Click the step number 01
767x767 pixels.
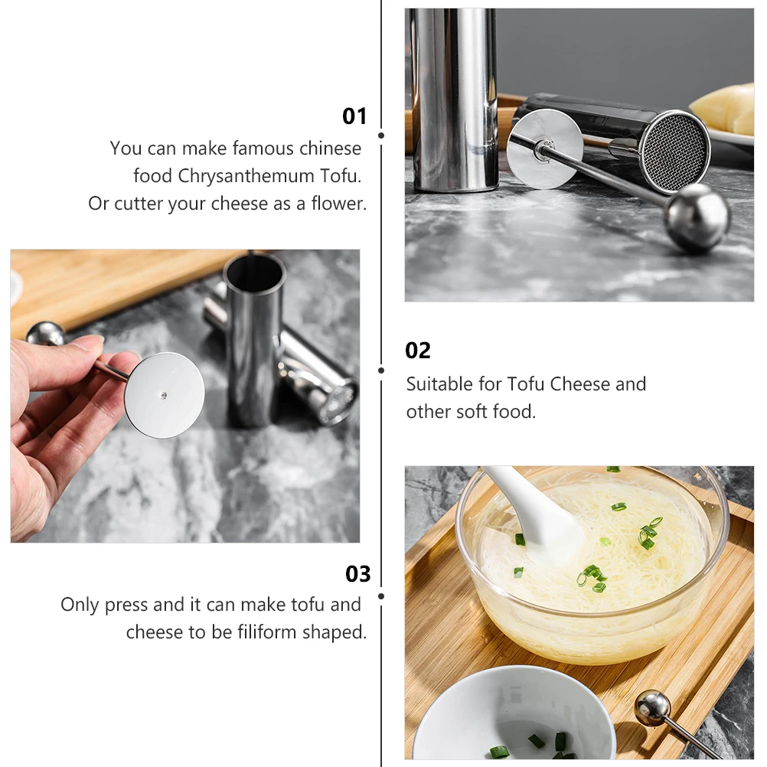[x=354, y=116]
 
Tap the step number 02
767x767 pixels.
[x=418, y=351]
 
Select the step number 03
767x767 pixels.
[x=357, y=574]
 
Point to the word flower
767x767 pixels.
[x=338, y=204]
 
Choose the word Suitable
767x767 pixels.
[x=437, y=383]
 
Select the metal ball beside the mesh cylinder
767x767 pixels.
[x=696, y=217]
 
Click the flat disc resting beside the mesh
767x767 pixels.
[x=544, y=149]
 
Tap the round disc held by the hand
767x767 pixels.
[x=165, y=395]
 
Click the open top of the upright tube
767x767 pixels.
[x=254, y=271]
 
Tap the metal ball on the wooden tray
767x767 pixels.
[x=652, y=707]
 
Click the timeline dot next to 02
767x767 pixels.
[x=381, y=370]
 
